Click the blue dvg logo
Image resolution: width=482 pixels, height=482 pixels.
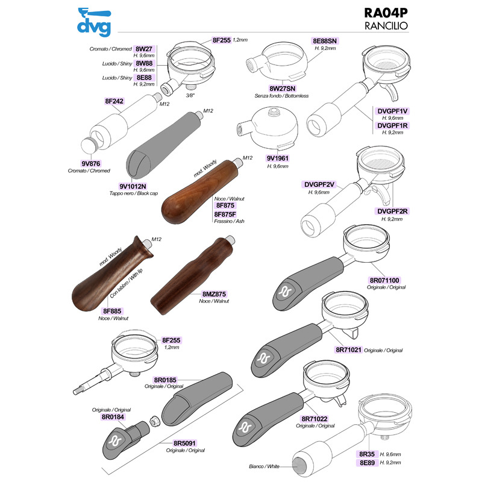(94, 22)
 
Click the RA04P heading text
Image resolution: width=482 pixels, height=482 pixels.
(386, 13)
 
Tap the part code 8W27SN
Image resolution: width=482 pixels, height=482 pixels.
(282, 89)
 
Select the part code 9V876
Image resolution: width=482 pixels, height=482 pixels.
(91, 163)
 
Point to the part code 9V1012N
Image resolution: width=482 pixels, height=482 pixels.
(133, 186)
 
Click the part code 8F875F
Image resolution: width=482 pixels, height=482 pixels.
(225, 214)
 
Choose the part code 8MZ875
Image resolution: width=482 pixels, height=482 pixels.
(214, 294)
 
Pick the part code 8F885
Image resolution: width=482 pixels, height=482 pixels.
(112, 311)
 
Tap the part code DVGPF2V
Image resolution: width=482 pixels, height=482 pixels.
(319, 184)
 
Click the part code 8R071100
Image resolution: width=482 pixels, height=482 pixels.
(384, 280)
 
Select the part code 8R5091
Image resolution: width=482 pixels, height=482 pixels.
(184, 443)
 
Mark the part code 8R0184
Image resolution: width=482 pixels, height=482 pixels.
(113, 417)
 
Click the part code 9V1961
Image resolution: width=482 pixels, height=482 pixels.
(278, 158)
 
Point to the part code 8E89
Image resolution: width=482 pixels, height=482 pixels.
(367, 463)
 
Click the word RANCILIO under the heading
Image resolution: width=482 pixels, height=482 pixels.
(386, 26)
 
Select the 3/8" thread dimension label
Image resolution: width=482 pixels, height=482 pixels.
(190, 95)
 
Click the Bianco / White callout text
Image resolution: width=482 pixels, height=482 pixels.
(264, 466)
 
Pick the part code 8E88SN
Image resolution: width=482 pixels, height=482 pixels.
(325, 41)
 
